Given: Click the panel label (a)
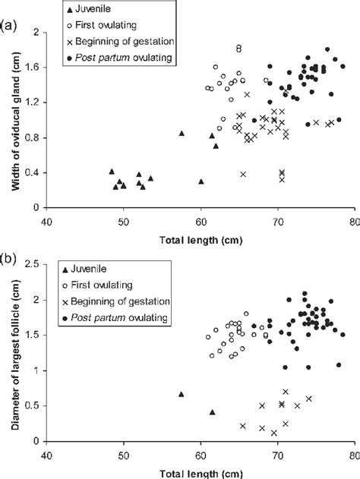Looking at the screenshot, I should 10,24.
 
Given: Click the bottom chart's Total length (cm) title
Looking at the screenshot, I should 201,472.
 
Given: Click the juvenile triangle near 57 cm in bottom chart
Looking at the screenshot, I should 181,394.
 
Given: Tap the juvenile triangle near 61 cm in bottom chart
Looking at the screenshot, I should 212,412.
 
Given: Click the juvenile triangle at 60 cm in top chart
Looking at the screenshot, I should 201,181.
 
